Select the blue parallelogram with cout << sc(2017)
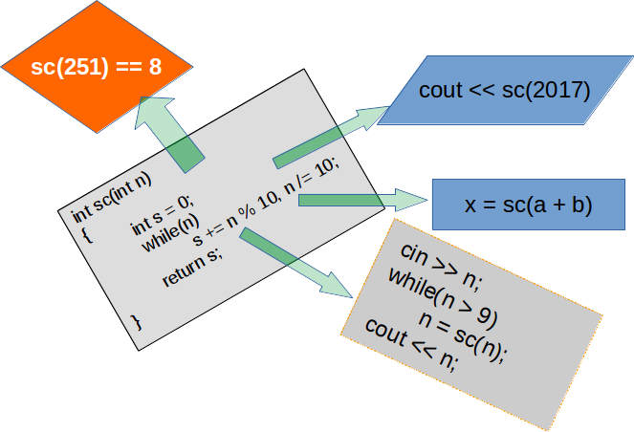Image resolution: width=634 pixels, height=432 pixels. point(504,91)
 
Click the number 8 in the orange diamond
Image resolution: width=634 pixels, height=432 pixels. point(155,69)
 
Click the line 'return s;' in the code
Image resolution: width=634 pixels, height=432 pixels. point(191,267)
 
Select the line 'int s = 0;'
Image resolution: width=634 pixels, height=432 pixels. point(161,215)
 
